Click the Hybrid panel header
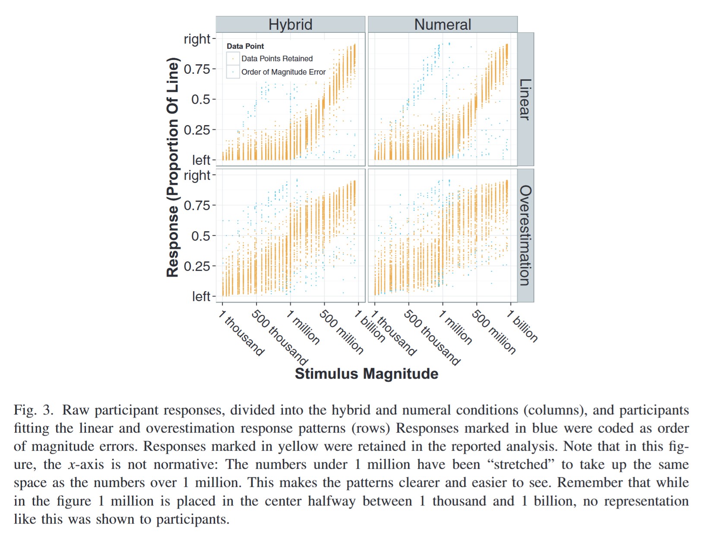click(x=290, y=24)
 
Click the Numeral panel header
click(x=442, y=24)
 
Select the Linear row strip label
click(x=525, y=99)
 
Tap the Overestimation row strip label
click(x=525, y=235)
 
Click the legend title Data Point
click(x=245, y=46)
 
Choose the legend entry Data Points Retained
click(x=277, y=59)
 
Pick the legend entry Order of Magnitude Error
click(x=283, y=72)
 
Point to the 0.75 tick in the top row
click(x=197, y=69)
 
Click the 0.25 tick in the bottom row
click(x=197, y=266)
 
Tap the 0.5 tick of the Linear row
click(x=200, y=99)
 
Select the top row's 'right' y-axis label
click(x=197, y=39)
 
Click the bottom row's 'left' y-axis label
click(x=201, y=296)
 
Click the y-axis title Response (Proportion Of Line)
click(x=173, y=167)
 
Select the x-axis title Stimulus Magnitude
click(x=366, y=374)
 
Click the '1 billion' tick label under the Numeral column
click(x=522, y=326)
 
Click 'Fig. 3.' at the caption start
click(x=33, y=410)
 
